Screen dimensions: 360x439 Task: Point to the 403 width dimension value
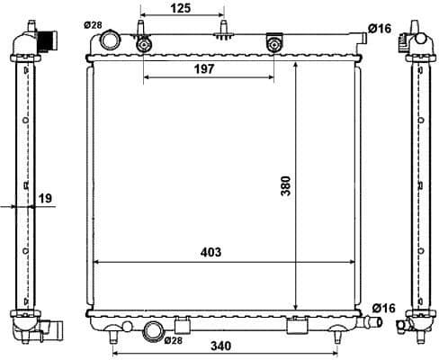pyautogui.click(x=211, y=253)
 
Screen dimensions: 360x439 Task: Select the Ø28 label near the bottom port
pyautogui.click(x=173, y=340)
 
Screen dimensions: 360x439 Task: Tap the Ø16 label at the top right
pyautogui.click(x=381, y=29)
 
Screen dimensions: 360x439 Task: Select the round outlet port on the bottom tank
pyautogui.click(x=153, y=332)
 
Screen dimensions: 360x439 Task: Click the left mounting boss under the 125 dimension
pyautogui.click(x=142, y=44)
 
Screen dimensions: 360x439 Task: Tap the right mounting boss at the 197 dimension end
pyautogui.click(x=274, y=44)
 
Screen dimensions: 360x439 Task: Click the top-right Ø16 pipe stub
pyautogui.click(x=360, y=35)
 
